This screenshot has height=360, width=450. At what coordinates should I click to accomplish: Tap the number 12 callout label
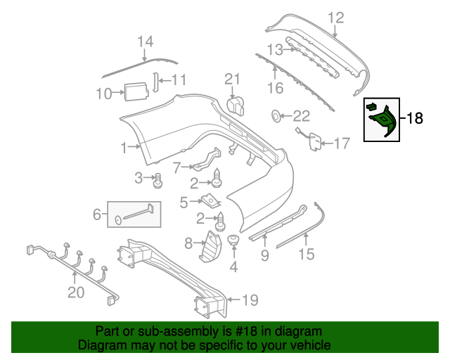[x=336, y=18]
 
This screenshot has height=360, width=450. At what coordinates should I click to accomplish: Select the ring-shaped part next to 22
[x=276, y=116]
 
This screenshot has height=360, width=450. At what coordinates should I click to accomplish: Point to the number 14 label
[x=145, y=42]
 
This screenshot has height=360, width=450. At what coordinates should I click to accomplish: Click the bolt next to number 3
[x=158, y=181]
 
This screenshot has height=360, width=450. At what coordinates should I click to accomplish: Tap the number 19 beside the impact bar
[x=250, y=301]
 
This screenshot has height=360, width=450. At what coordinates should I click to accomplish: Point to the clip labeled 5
[x=208, y=202]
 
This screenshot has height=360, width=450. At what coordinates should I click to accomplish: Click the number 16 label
[x=275, y=88]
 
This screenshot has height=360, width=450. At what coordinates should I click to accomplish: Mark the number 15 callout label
[x=306, y=253]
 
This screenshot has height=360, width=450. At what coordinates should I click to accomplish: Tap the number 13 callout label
[x=274, y=49]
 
